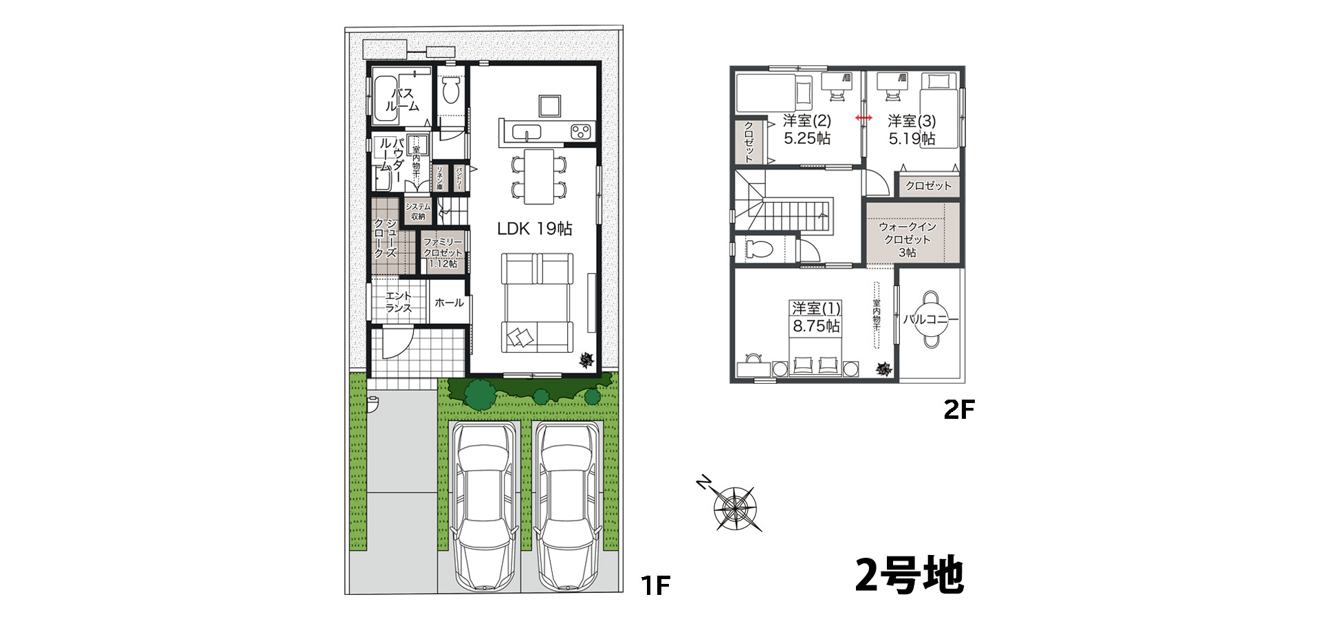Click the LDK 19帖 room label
[534, 228]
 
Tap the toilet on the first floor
[451, 90]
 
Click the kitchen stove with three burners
[582, 131]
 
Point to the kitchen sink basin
[527, 131]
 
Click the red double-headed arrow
[863, 118]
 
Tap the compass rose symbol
[735, 508]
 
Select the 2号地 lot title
[909, 575]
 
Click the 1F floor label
[654, 585]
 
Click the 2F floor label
[958, 410]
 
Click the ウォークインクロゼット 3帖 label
[907, 239]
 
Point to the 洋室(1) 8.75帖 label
[816, 317]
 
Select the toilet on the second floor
[759, 249]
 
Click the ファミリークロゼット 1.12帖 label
[443, 252]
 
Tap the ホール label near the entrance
[449, 303]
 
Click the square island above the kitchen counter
[549, 105]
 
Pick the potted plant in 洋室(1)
[883, 369]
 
